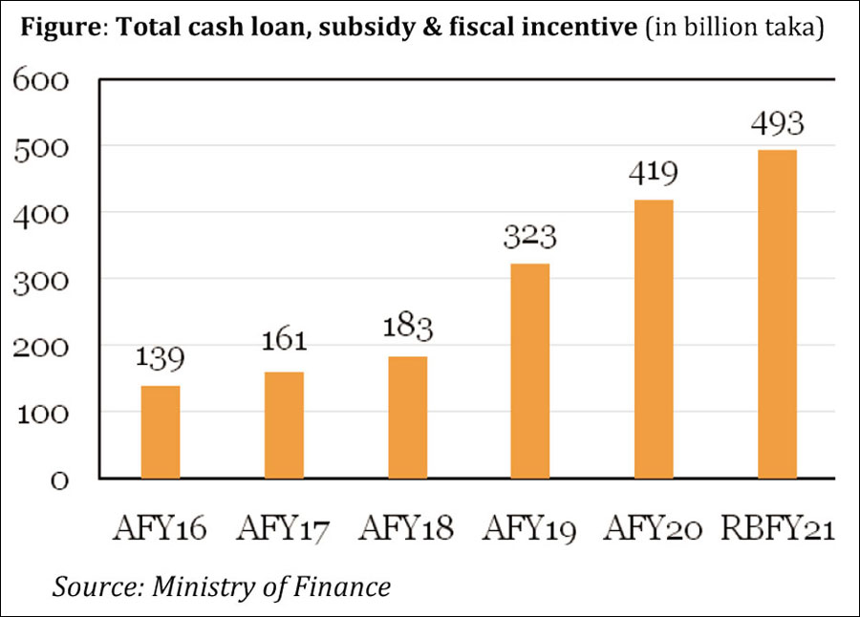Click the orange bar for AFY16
coord(161,432)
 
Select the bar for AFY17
coord(284,425)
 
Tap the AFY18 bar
coord(407,417)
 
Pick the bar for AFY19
coord(530,371)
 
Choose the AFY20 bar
coord(654,339)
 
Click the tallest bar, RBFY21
coord(777,314)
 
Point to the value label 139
coord(161,358)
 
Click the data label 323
coord(530,236)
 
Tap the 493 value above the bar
coord(777,123)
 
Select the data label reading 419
coord(654,173)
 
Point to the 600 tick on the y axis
coord(42,79)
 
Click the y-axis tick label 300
coord(42,279)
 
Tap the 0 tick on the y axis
coord(59,479)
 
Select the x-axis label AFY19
coord(530,527)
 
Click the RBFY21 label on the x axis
coord(777,527)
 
